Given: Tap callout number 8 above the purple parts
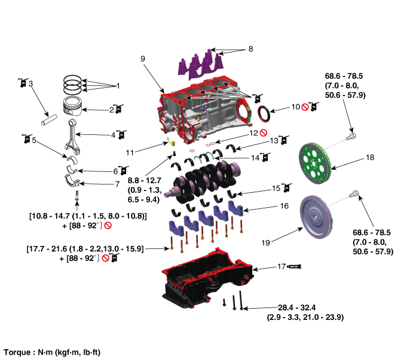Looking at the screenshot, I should click(250, 48).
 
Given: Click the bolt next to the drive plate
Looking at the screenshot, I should click(351, 136).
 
